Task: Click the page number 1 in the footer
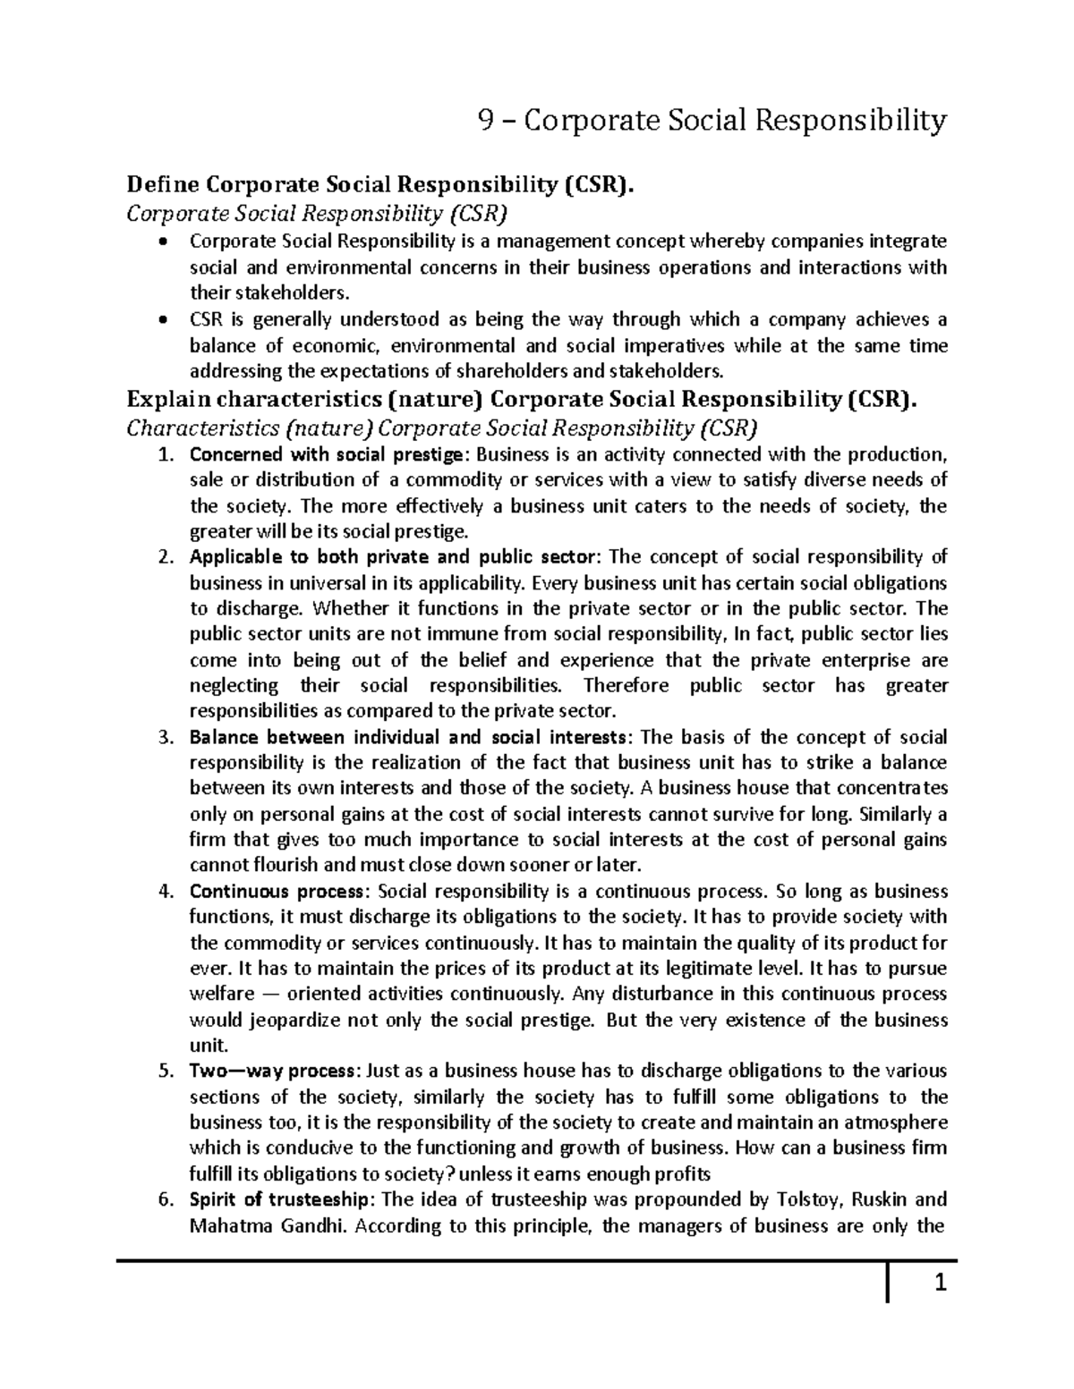pyautogui.click(x=940, y=1285)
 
